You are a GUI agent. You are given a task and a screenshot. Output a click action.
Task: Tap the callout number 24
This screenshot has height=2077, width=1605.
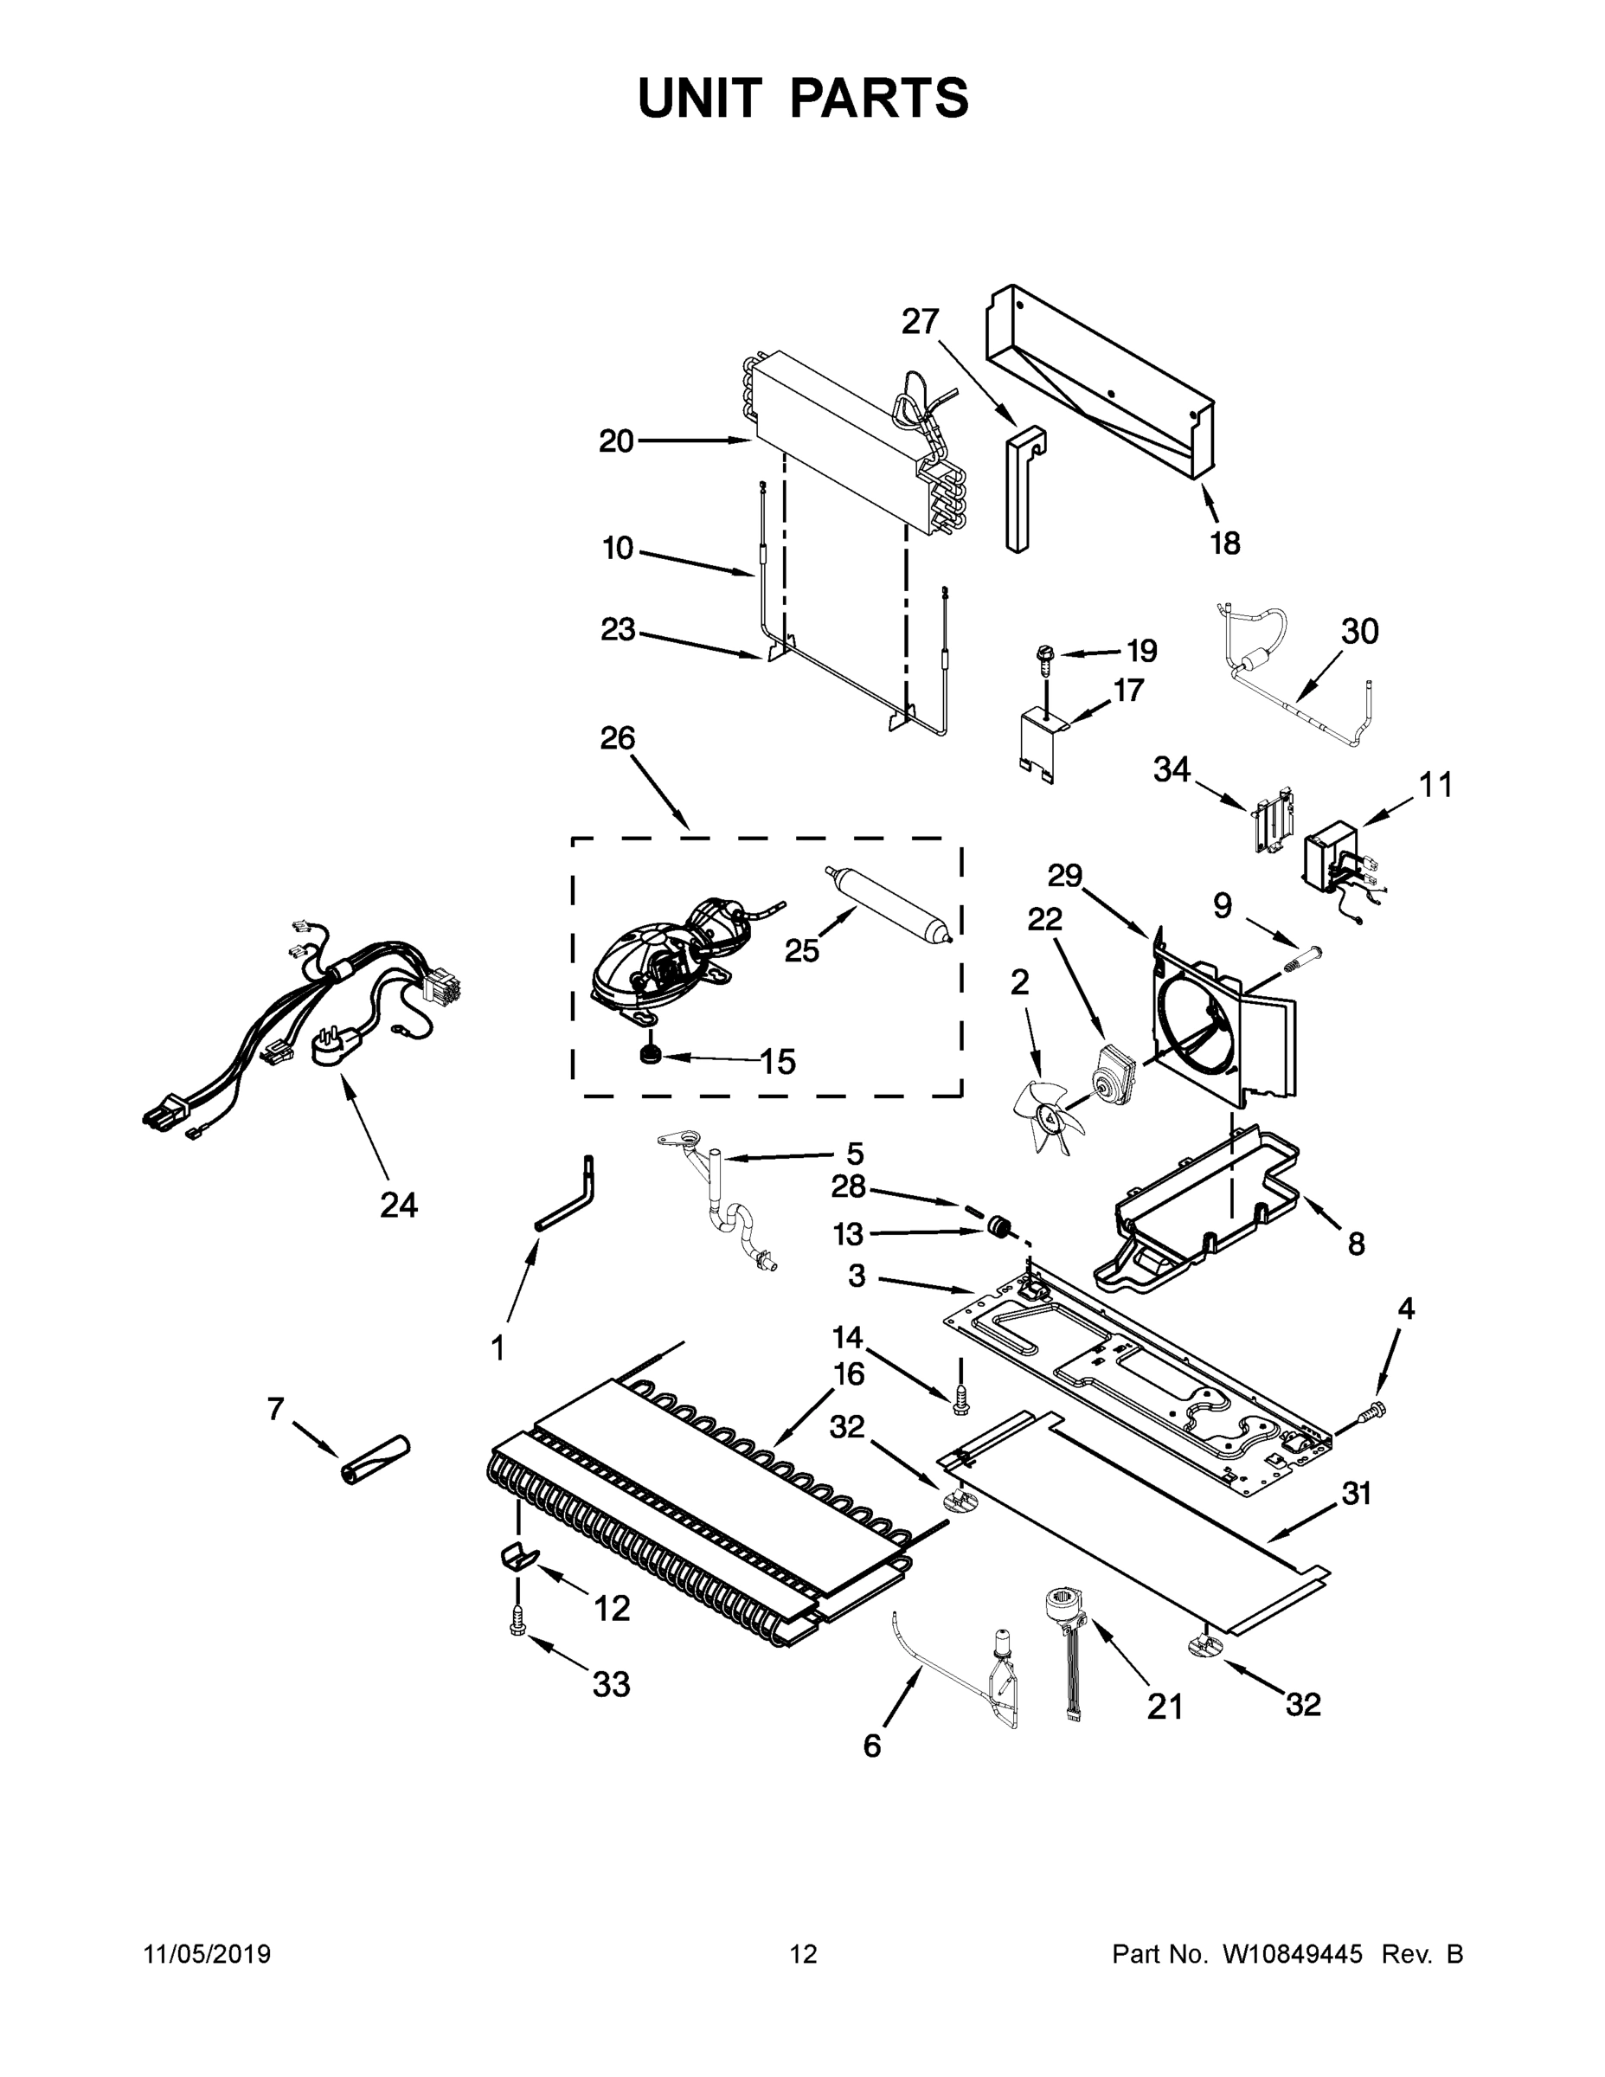398,1205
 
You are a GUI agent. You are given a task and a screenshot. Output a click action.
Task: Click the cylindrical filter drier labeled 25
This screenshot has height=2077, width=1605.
889,904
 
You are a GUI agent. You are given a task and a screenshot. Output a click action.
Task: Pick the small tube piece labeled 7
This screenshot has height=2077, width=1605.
374,1461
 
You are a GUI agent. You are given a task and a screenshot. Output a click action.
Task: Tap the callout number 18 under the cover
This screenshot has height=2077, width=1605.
1224,543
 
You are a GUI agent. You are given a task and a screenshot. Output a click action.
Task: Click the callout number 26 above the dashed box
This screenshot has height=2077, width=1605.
617,738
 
